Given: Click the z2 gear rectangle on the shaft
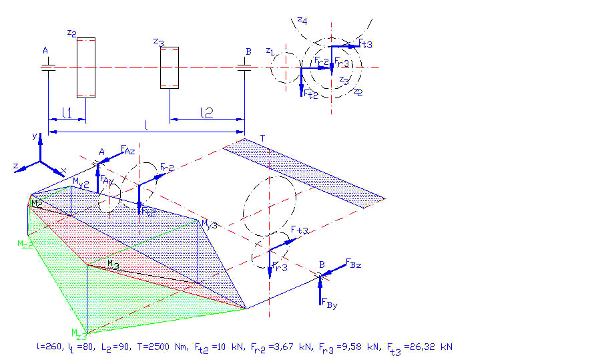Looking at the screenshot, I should click(86, 67).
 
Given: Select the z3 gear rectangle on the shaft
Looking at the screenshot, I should click(169, 67).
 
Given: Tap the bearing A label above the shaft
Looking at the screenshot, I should click(45, 51).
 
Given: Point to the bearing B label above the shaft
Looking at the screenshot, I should click(248, 51).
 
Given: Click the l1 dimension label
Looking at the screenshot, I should click(67, 114).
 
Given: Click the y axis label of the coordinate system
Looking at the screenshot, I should click(33, 136).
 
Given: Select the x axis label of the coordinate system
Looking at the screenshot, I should click(63, 170).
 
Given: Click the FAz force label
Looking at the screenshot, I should click(127, 150).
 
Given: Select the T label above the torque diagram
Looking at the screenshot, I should click(262, 138).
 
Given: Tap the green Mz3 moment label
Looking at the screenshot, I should click(79, 332).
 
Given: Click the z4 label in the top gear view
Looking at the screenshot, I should click(302, 21).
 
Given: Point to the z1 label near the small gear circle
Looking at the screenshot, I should click(269, 51).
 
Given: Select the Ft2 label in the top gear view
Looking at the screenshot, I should click(310, 94).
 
